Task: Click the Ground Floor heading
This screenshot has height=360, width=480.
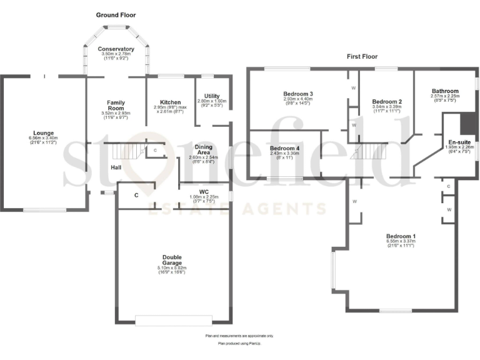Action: pyautogui.click(x=116, y=14)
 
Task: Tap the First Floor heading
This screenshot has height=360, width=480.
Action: pyautogui.click(x=362, y=56)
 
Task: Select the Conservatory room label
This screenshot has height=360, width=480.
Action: pyautogui.click(x=116, y=49)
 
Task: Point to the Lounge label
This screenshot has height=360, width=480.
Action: pyautogui.click(x=44, y=132)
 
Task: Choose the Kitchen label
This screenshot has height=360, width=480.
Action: pyautogui.click(x=170, y=102)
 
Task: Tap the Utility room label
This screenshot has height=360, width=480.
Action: pyautogui.click(x=212, y=96)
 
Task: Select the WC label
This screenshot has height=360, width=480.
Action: pyautogui.click(x=204, y=191)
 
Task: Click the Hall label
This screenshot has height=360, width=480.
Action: pyautogui.click(x=116, y=167)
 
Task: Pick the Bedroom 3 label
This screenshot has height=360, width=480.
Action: pyautogui.click(x=297, y=94)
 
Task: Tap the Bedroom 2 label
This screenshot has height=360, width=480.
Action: pyautogui.click(x=386, y=101)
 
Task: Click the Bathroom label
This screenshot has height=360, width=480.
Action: pyautogui.click(x=445, y=91)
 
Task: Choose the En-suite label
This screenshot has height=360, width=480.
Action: pyautogui.click(x=459, y=142)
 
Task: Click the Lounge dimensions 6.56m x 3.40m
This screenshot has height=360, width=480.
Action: pyautogui.click(x=44, y=138)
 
